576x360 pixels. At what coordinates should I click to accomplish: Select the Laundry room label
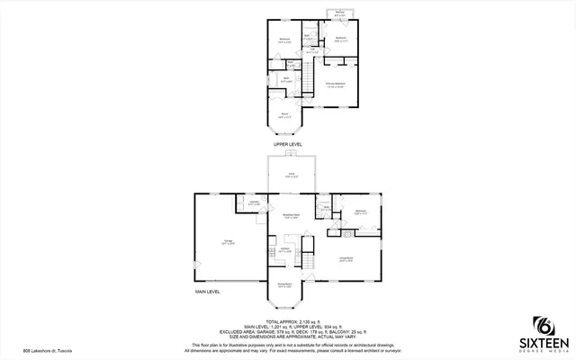[254, 202]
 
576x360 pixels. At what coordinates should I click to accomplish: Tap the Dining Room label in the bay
[283, 285]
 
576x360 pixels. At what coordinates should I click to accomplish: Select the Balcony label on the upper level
[340, 13]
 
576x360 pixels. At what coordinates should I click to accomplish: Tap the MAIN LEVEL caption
[208, 292]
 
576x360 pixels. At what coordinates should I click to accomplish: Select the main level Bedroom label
[360, 212]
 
